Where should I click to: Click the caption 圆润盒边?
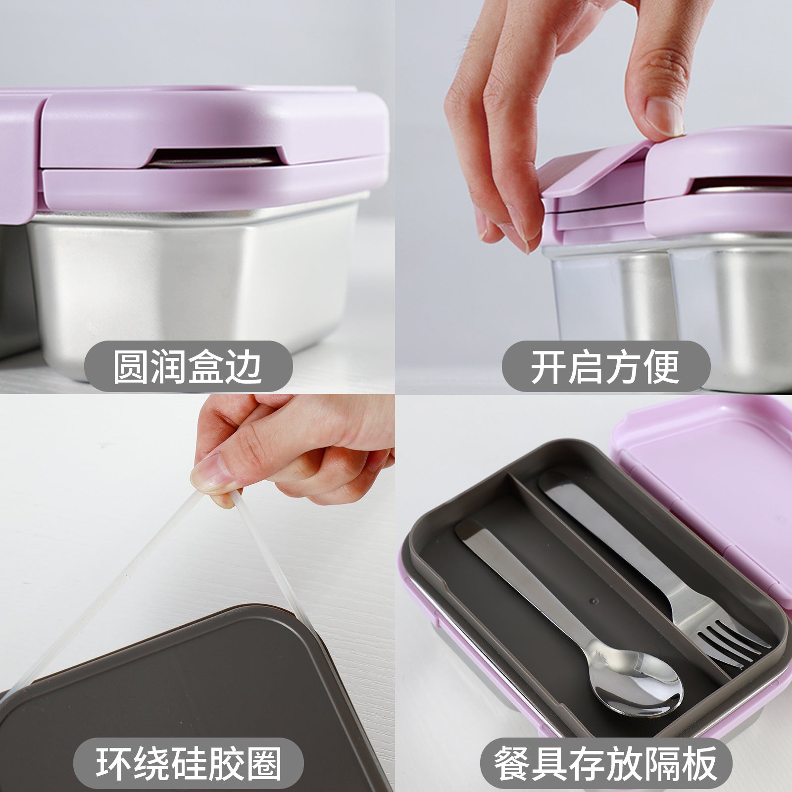[x=188, y=366]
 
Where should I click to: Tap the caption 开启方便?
[x=605, y=366]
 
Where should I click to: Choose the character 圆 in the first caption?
[x=131, y=366]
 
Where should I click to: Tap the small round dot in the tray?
[x=593, y=600]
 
